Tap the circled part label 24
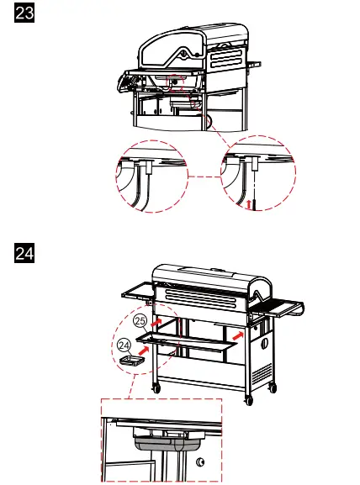click(x=124, y=345)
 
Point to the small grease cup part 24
click(x=133, y=361)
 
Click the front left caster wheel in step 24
click(x=156, y=387)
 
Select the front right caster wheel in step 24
click(x=248, y=398)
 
